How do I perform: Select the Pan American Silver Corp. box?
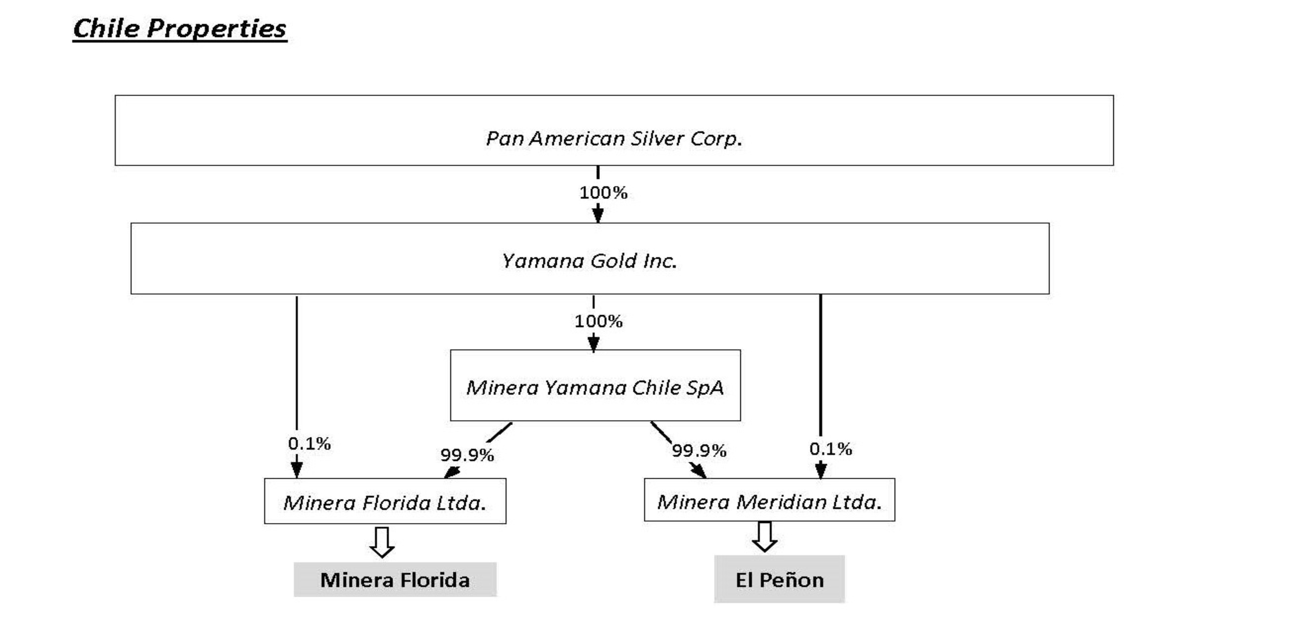coord(614,130)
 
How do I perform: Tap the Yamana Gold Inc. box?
coord(590,259)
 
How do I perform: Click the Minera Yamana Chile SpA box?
coord(595,385)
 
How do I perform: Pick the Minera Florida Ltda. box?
coord(385,501)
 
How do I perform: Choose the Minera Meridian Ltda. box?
coord(769,500)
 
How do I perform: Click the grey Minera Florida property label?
coord(395,580)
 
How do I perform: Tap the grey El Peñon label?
coord(779,579)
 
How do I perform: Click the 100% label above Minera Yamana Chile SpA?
coord(598,321)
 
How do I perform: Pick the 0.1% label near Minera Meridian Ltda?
coord(830,449)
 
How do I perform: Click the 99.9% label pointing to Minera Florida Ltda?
coord(467,455)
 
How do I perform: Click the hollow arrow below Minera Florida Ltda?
coord(381,542)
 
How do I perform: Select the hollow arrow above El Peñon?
coord(765,536)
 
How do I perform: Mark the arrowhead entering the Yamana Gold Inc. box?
coord(598,214)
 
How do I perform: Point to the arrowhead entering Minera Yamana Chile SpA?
coord(593,343)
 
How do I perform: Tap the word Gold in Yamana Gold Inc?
coord(613,261)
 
